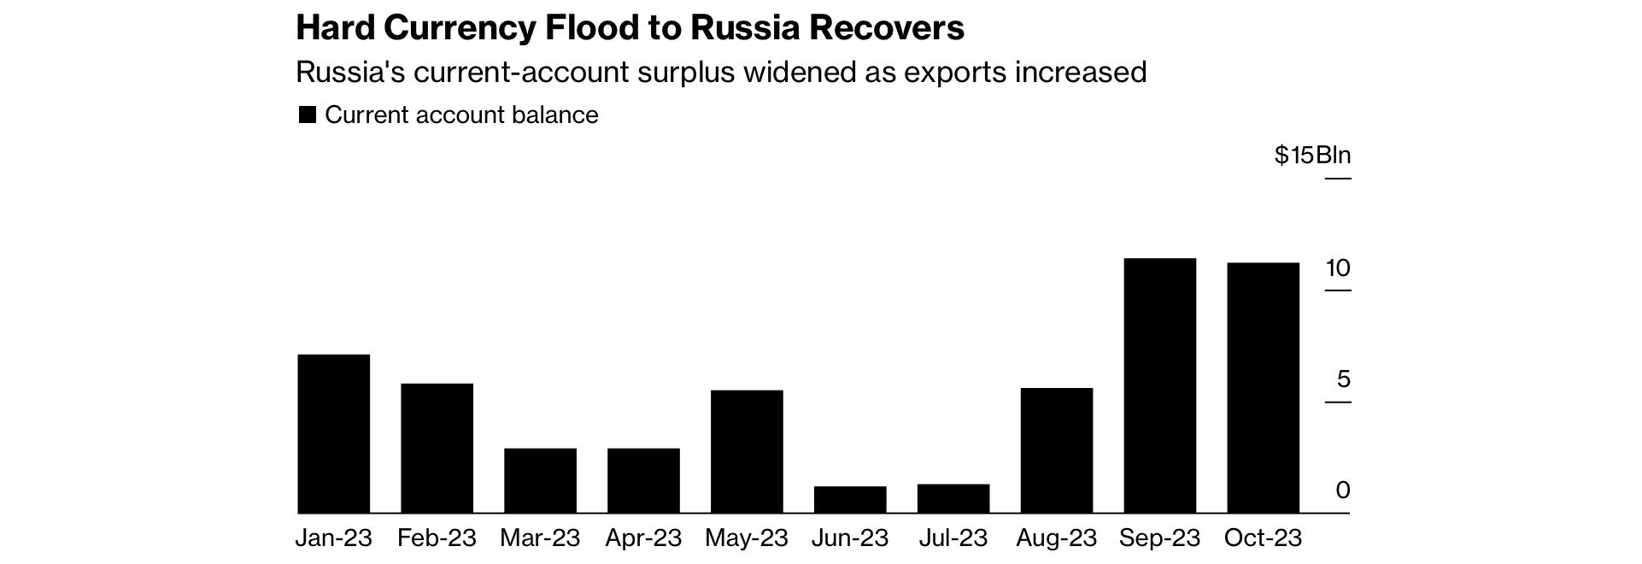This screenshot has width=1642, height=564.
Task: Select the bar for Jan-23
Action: tap(333, 433)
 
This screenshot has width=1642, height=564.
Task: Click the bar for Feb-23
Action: tap(437, 448)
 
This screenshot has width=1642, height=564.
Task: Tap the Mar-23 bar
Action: tap(540, 480)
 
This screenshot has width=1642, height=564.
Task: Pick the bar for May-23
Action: tap(747, 451)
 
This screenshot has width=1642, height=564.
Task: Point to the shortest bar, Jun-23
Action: tap(850, 500)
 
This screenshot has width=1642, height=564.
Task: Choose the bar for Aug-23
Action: tap(1057, 450)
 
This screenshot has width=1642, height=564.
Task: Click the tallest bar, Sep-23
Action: tap(1160, 385)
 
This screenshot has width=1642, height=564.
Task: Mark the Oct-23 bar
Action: tap(1263, 387)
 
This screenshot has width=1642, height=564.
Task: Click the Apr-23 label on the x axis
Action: tap(643, 538)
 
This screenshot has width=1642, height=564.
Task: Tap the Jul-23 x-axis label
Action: tap(953, 538)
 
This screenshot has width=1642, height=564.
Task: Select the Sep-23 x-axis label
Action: tap(1159, 538)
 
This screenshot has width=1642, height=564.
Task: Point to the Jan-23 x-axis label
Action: tap(334, 538)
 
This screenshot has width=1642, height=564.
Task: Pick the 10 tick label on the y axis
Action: tap(1338, 268)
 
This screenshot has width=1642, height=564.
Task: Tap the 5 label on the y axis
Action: tap(1344, 379)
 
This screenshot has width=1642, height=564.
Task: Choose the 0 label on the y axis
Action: tap(1343, 491)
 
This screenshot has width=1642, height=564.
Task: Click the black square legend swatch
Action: tap(307, 115)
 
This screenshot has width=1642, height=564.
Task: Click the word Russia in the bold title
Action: tap(746, 29)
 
